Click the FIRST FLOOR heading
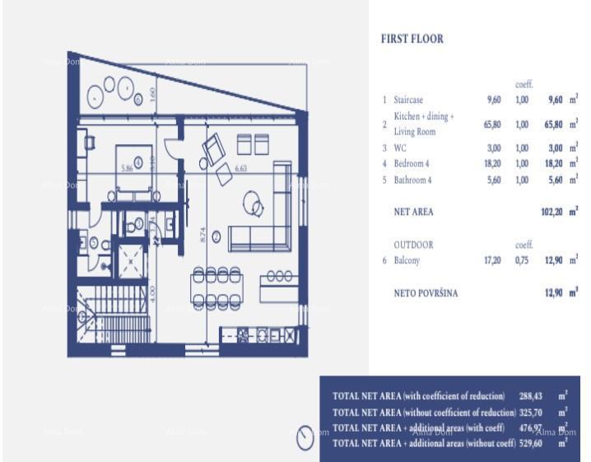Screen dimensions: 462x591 412,39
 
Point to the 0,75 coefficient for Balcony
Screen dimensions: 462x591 523,260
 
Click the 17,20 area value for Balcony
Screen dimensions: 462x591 493,260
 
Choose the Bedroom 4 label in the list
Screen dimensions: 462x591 412,164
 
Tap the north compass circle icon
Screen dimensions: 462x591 305,436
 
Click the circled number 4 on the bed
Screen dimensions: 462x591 138,161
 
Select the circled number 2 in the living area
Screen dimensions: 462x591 216,237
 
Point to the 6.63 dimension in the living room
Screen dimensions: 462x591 241,168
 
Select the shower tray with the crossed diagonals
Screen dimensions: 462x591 130,261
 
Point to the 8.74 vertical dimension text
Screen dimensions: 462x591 203,237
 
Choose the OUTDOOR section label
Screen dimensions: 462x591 413,245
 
